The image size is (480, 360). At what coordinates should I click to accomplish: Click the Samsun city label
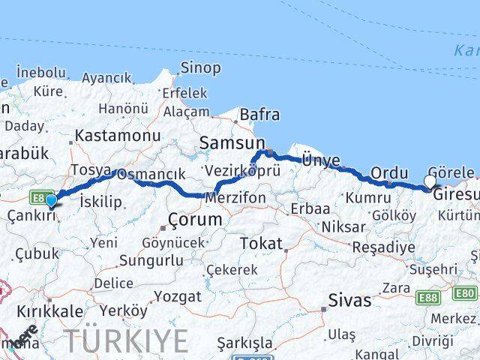coord(232,143)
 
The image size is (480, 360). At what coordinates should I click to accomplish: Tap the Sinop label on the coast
coord(200,68)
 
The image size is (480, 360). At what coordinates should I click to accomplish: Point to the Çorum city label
coord(195,220)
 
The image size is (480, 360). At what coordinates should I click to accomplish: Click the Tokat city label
coord(261,244)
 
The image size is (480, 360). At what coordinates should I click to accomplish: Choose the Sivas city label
coord(349,301)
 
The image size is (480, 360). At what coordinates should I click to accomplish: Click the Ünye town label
coord(320,160)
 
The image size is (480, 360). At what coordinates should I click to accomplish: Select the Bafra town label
coord(259,115)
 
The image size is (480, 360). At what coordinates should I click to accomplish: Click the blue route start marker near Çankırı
coord(51,200)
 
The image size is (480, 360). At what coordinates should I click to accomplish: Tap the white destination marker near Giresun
coord(430,181)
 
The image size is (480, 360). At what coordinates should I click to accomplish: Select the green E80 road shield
coord(465,293)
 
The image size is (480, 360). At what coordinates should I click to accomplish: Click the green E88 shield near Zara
coord(428,298)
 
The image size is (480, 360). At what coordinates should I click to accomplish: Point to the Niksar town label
coord(343,226)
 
